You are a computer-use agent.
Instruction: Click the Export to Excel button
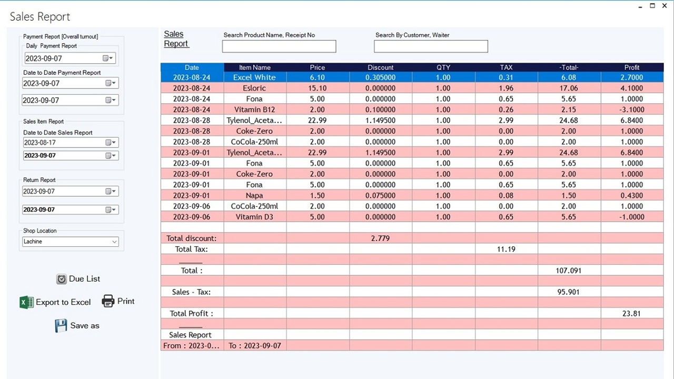tap(55, 302)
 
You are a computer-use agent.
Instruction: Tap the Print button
tap(118, 301)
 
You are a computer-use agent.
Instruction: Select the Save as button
tap(77, 326)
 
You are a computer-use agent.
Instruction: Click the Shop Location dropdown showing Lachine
tap(71, 242)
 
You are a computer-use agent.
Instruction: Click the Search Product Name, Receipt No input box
tap(279, 47)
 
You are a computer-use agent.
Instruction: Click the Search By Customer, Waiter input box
tap(431, 47)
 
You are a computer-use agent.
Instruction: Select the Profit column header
tap(632, 67)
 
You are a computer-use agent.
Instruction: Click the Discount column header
tap(381, 67)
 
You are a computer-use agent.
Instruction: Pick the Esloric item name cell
tap(255, 88)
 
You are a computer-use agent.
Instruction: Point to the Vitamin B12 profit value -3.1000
tap(632, 109)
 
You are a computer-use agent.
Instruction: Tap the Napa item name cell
tap(255, 195)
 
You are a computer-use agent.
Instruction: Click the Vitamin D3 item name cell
tap(255, 217)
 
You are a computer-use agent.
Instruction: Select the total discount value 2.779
tap(380, 238)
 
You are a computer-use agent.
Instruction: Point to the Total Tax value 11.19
tap(506, 249)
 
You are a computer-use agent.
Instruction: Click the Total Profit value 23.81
tap(631, 313)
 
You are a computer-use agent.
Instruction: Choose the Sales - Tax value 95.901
tap(569, 292)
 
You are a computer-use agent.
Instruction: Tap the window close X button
tap(665, 6)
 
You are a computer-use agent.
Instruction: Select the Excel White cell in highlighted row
tap(255, 77)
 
